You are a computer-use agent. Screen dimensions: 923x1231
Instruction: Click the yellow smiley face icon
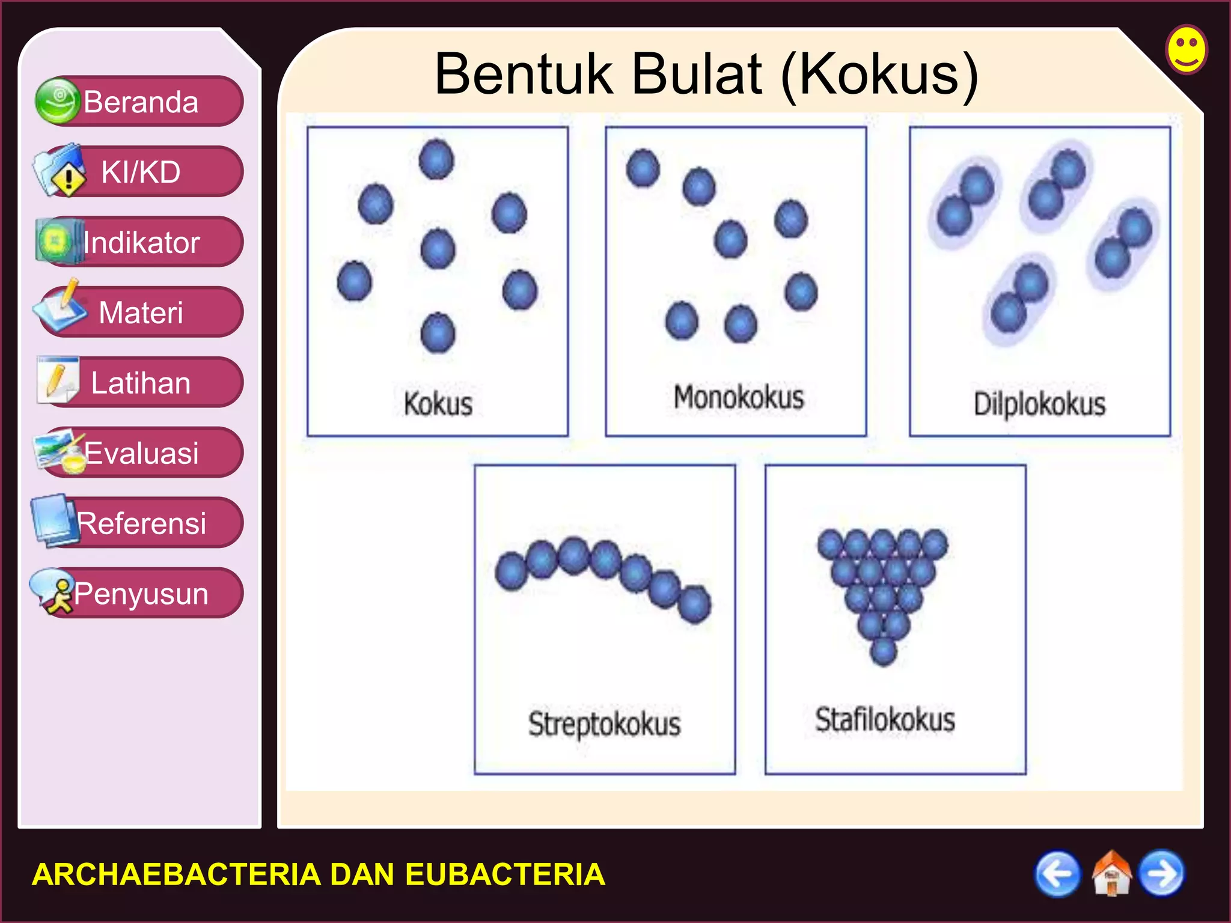click(1187, 49)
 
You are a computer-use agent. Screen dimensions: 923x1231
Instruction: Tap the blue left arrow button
click(1057, 874)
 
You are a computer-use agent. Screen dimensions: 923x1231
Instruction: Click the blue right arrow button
click(1162, 874)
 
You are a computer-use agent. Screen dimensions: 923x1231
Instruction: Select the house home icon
click(1111, 874)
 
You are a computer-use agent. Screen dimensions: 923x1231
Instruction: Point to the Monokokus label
click(738, 398)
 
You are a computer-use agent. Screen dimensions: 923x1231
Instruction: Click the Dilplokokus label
click(1039, 404)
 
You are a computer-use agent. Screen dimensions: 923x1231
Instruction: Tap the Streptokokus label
click(604, 723)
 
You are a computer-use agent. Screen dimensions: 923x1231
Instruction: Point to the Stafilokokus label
click(885, 720)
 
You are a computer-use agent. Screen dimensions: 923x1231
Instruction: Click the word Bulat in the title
click(697, 75)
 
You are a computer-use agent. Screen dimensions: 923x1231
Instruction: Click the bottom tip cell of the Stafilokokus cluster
click(883, 651)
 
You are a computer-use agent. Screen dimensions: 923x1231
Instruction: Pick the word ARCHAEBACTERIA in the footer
click(176, 874)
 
